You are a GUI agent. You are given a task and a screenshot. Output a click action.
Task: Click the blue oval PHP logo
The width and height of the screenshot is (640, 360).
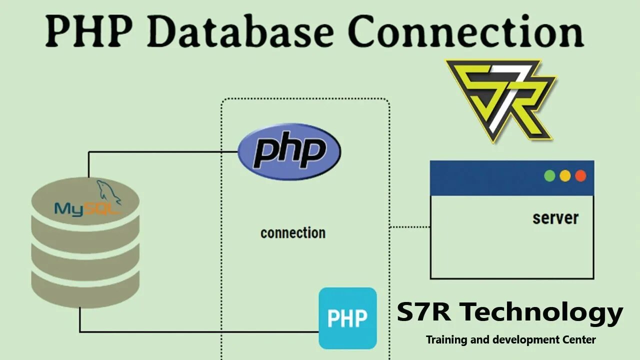tap(289, 152)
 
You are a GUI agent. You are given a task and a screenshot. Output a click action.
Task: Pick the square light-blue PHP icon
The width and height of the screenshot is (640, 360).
tap(348, 318)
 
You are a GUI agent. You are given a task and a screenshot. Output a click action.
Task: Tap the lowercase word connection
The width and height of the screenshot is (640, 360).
tap(293, 233)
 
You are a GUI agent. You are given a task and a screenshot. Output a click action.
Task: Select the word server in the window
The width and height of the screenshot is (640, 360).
tap(555, 218)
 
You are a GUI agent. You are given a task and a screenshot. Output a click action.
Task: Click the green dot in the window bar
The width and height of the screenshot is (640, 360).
tap(549, 176)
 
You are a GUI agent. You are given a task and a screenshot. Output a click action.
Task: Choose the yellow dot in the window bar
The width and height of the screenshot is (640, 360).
tap(565, 176)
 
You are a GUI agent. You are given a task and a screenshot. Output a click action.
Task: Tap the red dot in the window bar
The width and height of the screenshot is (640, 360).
tap(580, 176)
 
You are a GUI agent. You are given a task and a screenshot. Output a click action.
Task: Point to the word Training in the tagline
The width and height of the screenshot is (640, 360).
tap(446, 340)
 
